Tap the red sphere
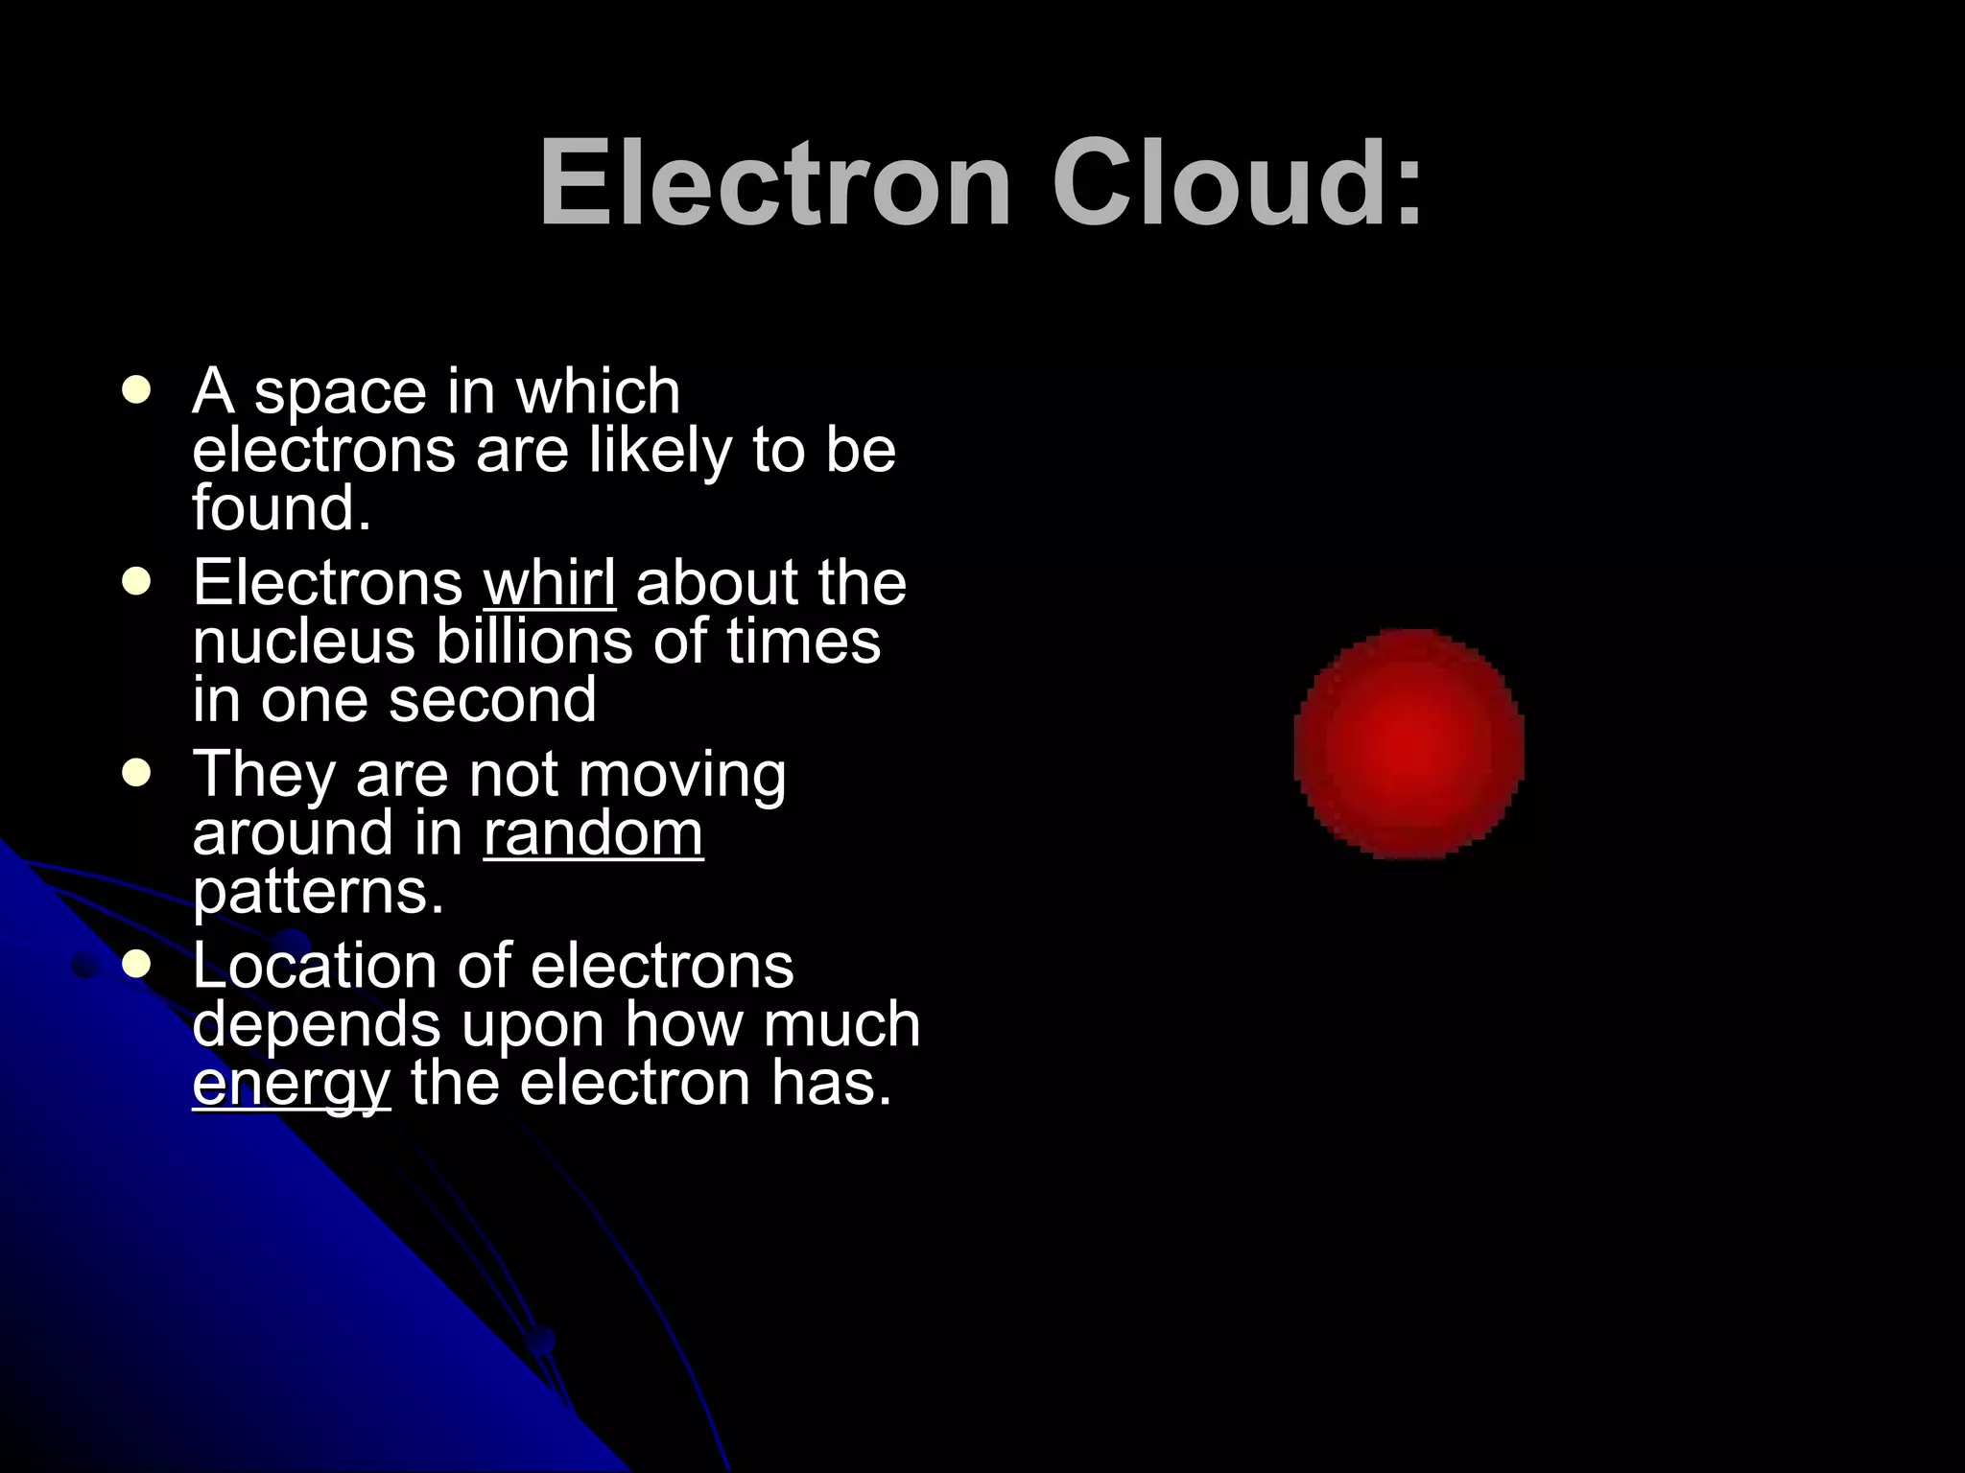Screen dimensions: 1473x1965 point(1409,743)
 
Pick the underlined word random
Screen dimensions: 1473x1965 point(593,832)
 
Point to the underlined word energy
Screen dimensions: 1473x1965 point(291,1084)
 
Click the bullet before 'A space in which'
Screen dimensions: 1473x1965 point(137,390)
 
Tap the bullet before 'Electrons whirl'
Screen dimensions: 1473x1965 point(137,582)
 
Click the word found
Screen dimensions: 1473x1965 point(280,507)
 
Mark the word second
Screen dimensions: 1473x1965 point(492,699)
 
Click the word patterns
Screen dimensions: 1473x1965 point(318,892)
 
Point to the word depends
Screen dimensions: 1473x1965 point(317,1024)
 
